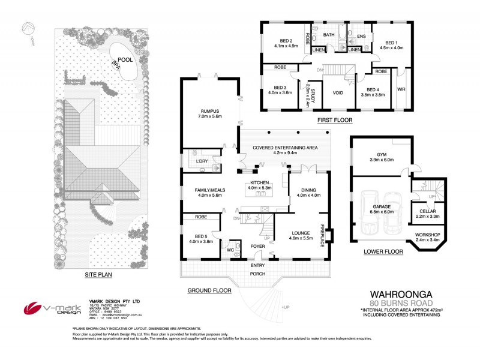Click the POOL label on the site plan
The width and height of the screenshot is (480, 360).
(125, 60)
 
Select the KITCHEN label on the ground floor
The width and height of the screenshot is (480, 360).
(259, 182)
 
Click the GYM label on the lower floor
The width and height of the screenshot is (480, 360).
(381, 154)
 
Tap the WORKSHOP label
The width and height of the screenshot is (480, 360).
(428, 234)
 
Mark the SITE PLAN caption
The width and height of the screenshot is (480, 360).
(99, 275)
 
